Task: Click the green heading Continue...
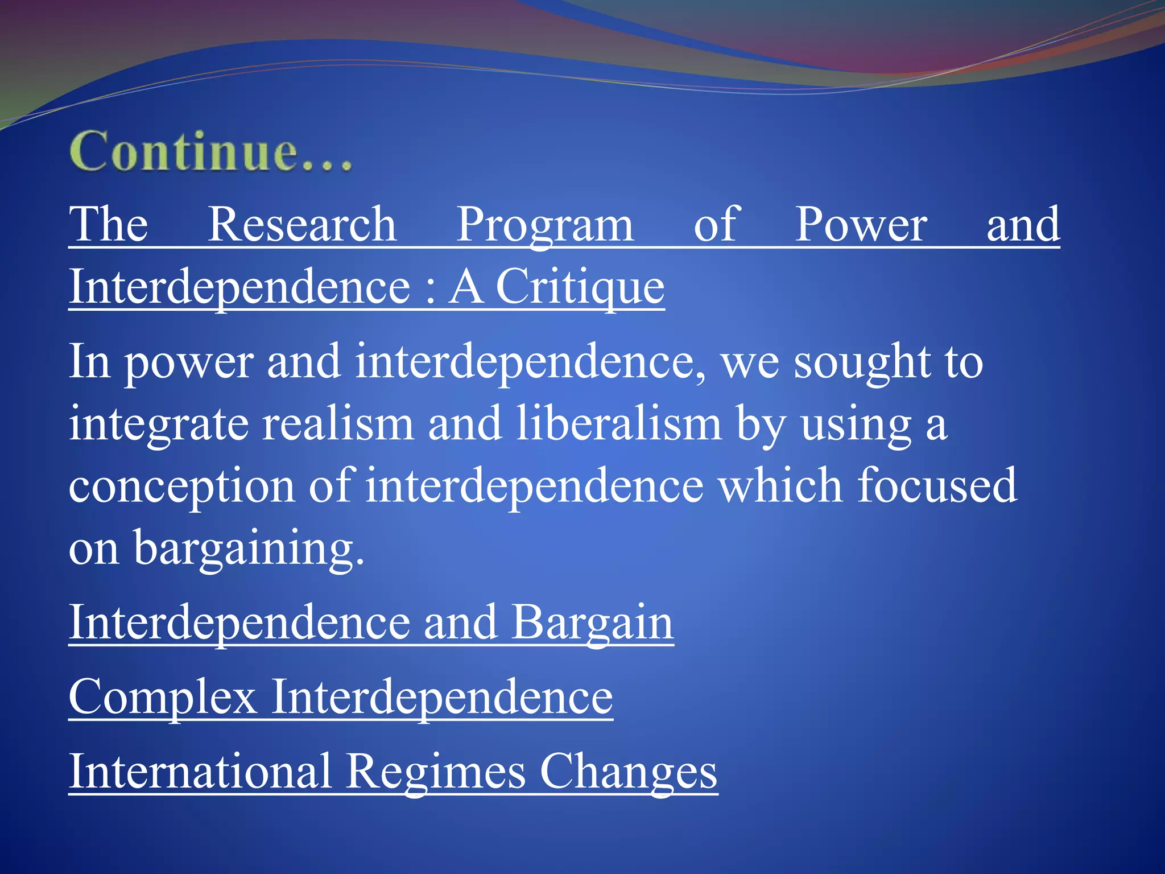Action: tap(210, 151)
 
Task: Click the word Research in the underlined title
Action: tap(301, 225)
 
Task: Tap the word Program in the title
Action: tap(544, 225)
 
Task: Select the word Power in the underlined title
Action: tap(860, 225)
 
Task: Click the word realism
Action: tap(338, 424)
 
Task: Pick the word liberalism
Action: tap(619, 424)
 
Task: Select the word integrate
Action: tap(159, 425)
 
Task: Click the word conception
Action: tap(181, 487)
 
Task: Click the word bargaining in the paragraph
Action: tap(248, 549)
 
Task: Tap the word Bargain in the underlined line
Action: tap(592, 622)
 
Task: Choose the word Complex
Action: tap(163, 698)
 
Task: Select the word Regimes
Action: tap(436, 773)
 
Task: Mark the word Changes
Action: tap(628, 773)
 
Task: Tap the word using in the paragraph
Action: tap(857, 425)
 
